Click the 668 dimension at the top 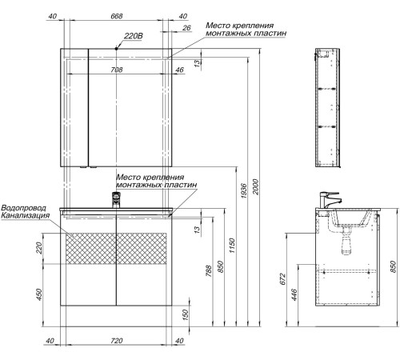point(117,16)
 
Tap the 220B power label point(134,36)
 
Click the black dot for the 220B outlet point(116,49)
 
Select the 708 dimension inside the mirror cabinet point(117,70)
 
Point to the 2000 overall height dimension point(255,186)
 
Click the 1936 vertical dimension point(244,190)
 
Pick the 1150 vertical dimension point(232,246)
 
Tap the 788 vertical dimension point(209,271)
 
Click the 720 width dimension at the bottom point(117,341)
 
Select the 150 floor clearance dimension point(186,314)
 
